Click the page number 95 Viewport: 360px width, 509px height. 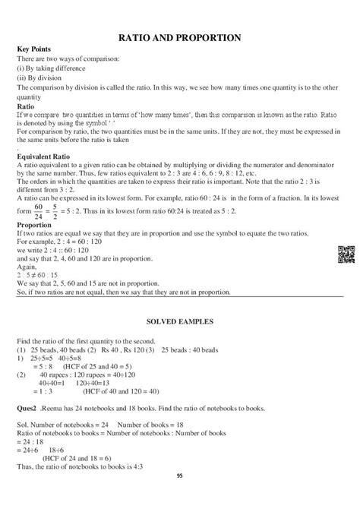[179, 497]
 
